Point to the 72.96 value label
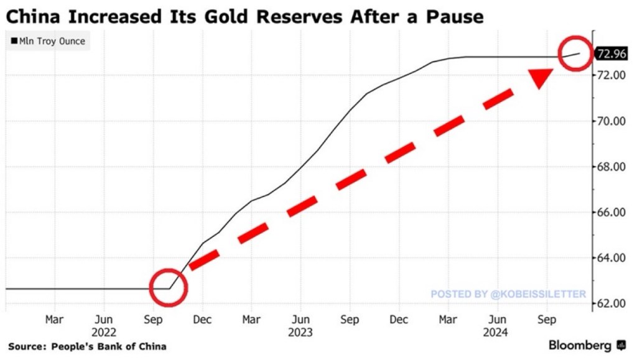(x=611, y=53)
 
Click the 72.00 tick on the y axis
(x=611, y=75)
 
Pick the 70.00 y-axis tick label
(x=611, y=121)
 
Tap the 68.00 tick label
(x=611, y=167)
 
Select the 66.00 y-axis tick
(x=611, y=212)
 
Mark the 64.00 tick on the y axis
(x=611, y=258)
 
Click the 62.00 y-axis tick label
(x=611, y=303)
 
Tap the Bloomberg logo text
(x=580, y=346)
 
